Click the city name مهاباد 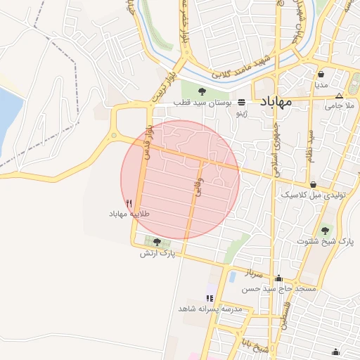coord(281,103)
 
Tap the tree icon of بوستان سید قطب coord(202,91)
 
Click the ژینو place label coord(242,112)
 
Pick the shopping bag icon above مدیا coord(321,74)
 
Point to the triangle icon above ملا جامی coord(340,96)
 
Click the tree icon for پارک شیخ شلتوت coord(326,230)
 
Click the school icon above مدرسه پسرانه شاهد coord(210,298)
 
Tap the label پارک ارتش coord(156,252)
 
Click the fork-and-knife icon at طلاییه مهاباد coord(129,203)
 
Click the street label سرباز coord(253,270)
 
